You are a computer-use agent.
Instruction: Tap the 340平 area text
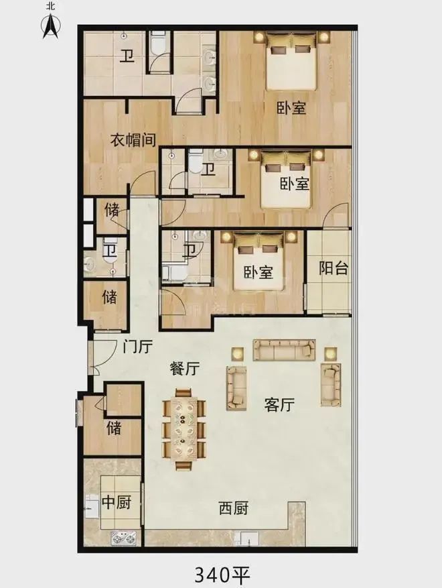222,574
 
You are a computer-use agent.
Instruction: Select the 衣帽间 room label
133,140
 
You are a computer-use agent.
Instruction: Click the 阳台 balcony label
334,268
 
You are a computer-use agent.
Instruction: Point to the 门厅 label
137,347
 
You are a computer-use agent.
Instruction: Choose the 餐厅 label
184,369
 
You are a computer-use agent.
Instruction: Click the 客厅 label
279,404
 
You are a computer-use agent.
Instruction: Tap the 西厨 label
233,508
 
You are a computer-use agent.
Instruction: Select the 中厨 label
116,502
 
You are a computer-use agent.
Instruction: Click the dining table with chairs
184,429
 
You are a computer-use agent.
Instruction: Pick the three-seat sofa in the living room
285,350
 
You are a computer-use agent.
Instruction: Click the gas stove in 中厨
123,539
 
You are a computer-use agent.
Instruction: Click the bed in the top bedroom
291,61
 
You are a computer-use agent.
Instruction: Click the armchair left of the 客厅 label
236,388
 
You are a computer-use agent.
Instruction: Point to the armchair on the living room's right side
331,384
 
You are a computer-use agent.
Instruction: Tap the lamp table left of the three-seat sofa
238,353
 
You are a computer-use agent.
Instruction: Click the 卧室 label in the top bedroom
291,108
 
